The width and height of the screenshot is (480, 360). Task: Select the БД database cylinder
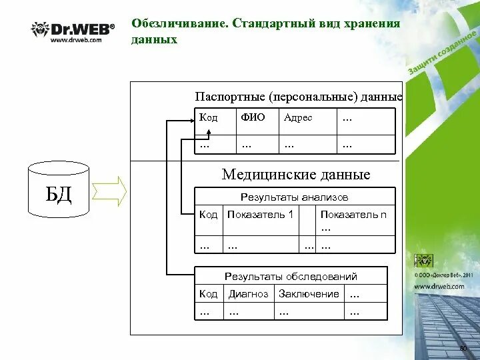(x=59, y=190)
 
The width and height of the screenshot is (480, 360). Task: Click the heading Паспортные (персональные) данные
(x=298, y=97)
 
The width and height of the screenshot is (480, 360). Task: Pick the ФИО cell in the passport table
(x=253, y=117)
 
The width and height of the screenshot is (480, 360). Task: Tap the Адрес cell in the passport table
(x=298, y=117)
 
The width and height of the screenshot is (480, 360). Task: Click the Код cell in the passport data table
(x=209, y=117)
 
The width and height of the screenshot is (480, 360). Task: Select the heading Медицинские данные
(x=295, y=175)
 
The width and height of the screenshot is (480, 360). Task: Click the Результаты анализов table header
(x=294, y=197)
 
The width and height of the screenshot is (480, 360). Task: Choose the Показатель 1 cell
(x=260, y=215)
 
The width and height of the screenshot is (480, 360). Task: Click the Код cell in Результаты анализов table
(x=209, y=215)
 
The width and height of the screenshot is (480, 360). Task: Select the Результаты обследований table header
(x=291, y=276)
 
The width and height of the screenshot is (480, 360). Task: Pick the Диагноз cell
(x=248, y=294)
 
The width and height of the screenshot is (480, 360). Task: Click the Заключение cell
(x=309, y=294)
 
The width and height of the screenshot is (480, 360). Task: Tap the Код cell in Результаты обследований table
(x=209, y=294)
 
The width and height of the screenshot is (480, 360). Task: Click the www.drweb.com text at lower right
(x=439, y=286)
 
